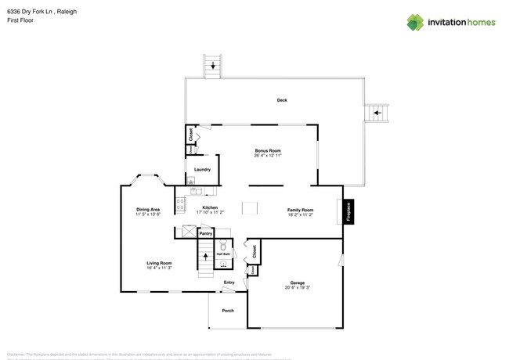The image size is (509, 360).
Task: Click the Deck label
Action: click(x=282, y=99)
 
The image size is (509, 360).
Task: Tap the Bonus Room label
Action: click(x=268, y=150)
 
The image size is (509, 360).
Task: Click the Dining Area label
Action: click(x=148, y=209)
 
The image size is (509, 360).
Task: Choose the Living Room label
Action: click(x=159, y=263)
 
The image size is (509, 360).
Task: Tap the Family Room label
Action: click(x=300, y=210)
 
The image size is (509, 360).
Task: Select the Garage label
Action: click(x=298, y=283)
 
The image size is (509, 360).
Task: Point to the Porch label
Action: click(x=228, y=311)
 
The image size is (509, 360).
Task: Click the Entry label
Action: click(x=229, y=282)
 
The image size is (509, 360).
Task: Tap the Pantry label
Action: click(x=205, y=233)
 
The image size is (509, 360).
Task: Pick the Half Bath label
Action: click(x=223, y=254)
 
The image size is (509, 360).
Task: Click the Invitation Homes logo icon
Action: click(x=415, y=22)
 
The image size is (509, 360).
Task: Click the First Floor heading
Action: click(x=20, y=21)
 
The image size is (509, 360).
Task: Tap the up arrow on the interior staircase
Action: click(x=205, y=256)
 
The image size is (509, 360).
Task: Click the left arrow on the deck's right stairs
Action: click(x=377, y=113)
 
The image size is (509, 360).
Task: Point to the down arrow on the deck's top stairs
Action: click(x=212, y=67)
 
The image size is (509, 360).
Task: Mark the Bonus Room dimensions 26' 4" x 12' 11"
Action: click(x=268, y=156)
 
